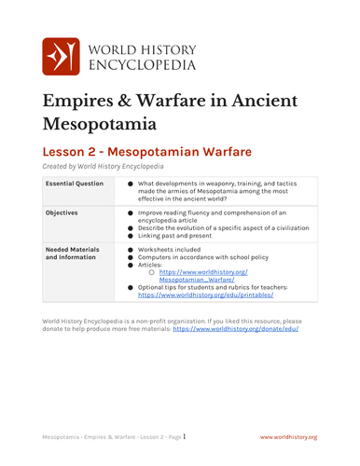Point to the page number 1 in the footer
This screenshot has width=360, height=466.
tap(185, 435)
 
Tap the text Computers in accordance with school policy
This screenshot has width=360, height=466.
tap(201, 257)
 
